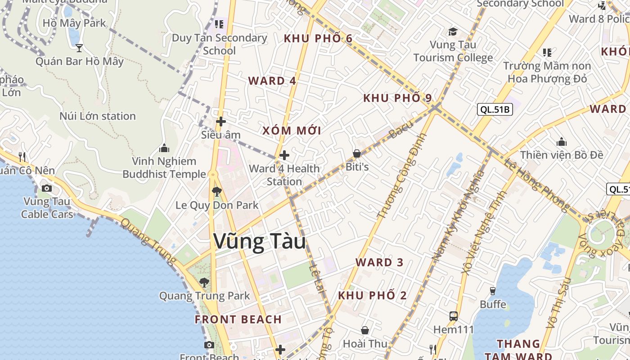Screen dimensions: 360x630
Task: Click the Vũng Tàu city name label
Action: pos(260,242)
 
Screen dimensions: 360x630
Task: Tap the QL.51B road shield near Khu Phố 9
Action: pos(495,109)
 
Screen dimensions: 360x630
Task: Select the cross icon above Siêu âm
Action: pos(220,121)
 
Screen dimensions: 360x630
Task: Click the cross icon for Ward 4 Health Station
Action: pos(284,156)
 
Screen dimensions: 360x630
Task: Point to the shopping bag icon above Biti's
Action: pos(357,154)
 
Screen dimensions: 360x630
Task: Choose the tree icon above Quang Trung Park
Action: pos(204,283)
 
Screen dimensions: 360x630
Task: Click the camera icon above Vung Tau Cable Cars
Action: pos(46,189)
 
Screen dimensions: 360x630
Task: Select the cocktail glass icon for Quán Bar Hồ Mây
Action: pos(79,48)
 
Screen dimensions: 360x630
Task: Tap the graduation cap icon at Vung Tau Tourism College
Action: pos(453,32)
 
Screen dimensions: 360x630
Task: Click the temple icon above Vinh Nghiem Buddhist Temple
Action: pos(164,148)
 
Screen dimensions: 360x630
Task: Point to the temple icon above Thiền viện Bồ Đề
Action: pos(561,142)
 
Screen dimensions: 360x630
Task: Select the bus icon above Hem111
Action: pos(453,316)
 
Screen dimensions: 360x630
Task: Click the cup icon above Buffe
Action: pos(493,291)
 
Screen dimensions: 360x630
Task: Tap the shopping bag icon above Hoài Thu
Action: pos(364,331)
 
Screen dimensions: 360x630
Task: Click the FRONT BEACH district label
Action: pos(238,319)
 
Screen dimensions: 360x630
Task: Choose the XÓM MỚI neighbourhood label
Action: pos(292,131)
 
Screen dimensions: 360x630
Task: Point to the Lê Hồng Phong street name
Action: pos(535,184)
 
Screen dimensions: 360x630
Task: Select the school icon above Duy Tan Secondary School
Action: pos(219,24)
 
